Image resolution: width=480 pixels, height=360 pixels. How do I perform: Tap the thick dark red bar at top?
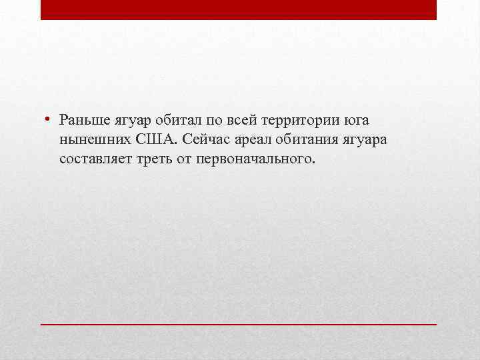[239, 9]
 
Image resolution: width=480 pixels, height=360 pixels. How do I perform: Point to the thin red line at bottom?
[239, 323]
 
